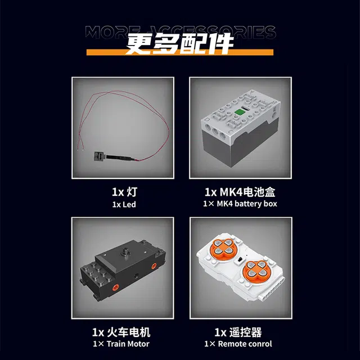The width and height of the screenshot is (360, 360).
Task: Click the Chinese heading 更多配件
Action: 179,44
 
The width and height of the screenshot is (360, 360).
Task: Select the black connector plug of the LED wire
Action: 99,156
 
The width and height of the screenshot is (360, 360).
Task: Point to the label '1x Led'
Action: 124,204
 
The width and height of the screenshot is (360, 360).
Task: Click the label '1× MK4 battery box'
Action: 240,204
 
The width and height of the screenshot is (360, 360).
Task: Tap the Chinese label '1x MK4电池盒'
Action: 240,192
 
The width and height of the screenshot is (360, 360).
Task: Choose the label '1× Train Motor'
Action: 121,344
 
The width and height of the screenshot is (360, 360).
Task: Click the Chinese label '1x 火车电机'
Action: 121,332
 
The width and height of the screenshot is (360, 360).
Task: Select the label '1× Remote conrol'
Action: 238,344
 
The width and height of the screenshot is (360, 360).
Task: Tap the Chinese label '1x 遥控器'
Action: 238,332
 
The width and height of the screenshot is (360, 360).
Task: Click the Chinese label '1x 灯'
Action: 124,192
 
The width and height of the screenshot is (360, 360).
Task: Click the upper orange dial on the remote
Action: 222,246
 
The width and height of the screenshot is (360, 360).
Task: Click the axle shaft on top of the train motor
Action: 126,251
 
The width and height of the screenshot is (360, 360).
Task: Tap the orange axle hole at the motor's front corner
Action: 115,287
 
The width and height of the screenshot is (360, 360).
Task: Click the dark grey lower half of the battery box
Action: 241,144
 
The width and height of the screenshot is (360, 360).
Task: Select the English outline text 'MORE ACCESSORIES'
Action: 181,32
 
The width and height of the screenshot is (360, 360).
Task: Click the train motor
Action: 123,270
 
